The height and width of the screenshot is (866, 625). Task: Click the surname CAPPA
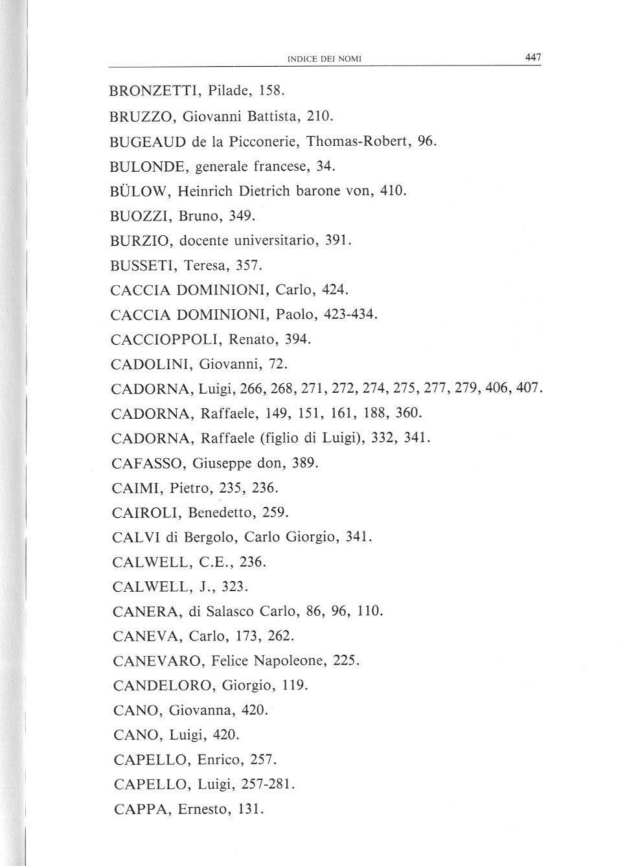pos(137,809)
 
